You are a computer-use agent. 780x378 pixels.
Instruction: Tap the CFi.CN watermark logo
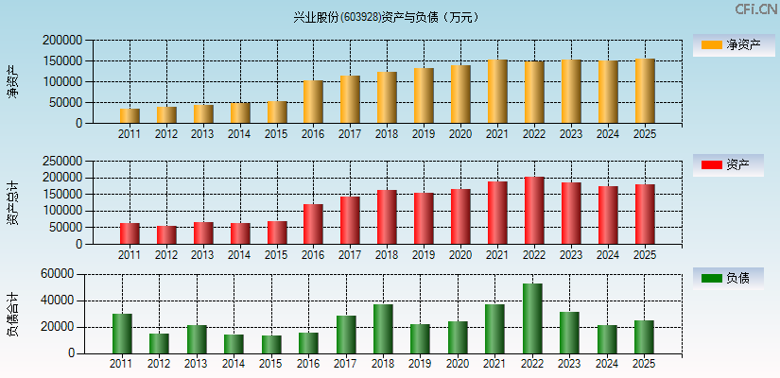(756, 9)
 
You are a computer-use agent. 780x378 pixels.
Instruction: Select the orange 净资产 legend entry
(733, 44)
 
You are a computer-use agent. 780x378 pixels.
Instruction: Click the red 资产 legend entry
(733, 165)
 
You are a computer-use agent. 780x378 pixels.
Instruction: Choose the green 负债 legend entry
(733, 278)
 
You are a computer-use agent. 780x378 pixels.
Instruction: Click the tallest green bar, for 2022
(532, 318)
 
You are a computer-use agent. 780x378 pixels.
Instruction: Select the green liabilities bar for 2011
(122, 334)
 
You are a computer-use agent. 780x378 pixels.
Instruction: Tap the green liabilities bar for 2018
(383, 329)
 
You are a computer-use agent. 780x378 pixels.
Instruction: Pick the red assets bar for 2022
(534, 211)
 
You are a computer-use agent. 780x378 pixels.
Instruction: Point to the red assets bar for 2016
(313, 224)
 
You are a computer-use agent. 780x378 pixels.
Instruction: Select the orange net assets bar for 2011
(130, 115)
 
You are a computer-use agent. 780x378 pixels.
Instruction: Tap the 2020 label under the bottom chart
(459, 364)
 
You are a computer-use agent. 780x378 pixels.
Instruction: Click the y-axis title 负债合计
(12, 315)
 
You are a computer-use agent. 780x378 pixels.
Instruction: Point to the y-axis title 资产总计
(12, 201)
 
